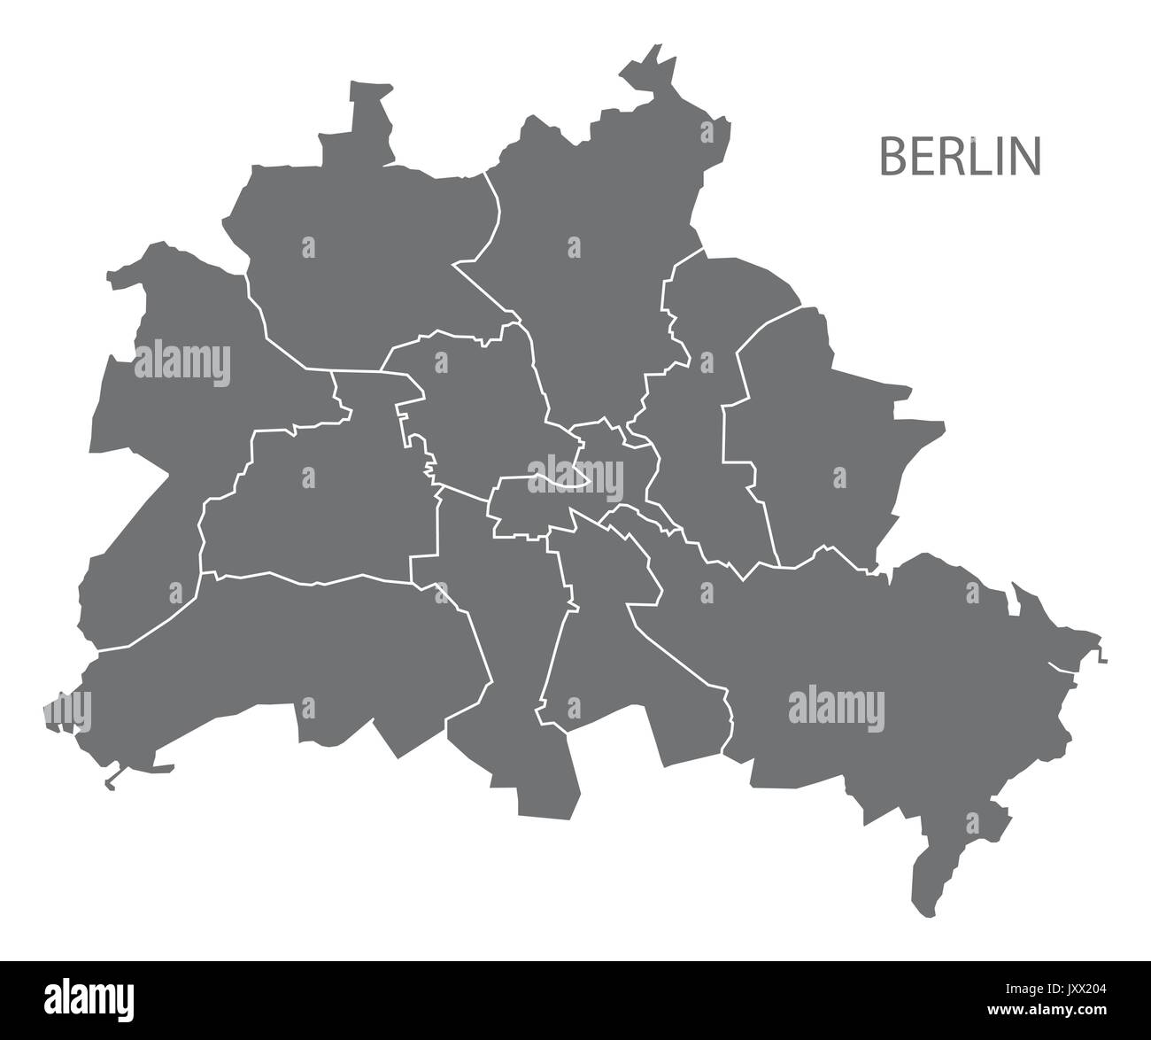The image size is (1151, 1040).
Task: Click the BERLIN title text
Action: click(960, 157)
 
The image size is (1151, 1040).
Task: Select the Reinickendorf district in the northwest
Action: click(354, 248)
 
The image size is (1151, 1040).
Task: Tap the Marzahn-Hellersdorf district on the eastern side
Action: click(823, 443)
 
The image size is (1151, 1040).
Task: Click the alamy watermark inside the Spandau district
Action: click(182, 363)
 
